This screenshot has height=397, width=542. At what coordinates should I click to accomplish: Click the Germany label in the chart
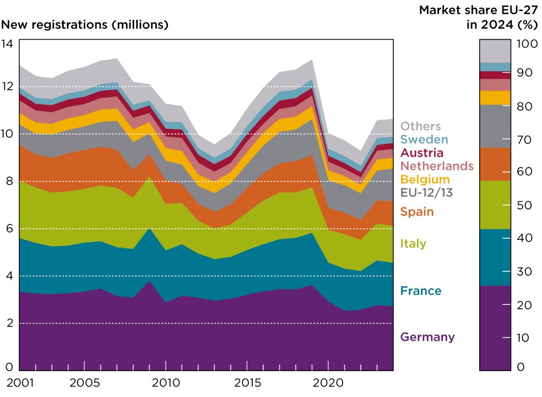[427, 337]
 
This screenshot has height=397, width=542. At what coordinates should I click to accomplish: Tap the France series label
[421, 291]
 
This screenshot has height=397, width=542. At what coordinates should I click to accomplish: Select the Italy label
[413, 243]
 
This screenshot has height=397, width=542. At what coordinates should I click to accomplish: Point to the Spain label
[417, 212]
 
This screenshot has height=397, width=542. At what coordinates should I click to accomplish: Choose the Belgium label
[425, 179]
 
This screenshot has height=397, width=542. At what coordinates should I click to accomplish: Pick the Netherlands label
[437, 166]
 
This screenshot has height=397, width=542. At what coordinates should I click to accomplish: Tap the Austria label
[422, 153]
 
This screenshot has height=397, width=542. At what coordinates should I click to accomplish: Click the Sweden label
[424, 140]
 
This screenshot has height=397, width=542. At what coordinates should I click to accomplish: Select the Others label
[421, 126]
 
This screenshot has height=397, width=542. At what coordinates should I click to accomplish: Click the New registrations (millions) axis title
[85, 25]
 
